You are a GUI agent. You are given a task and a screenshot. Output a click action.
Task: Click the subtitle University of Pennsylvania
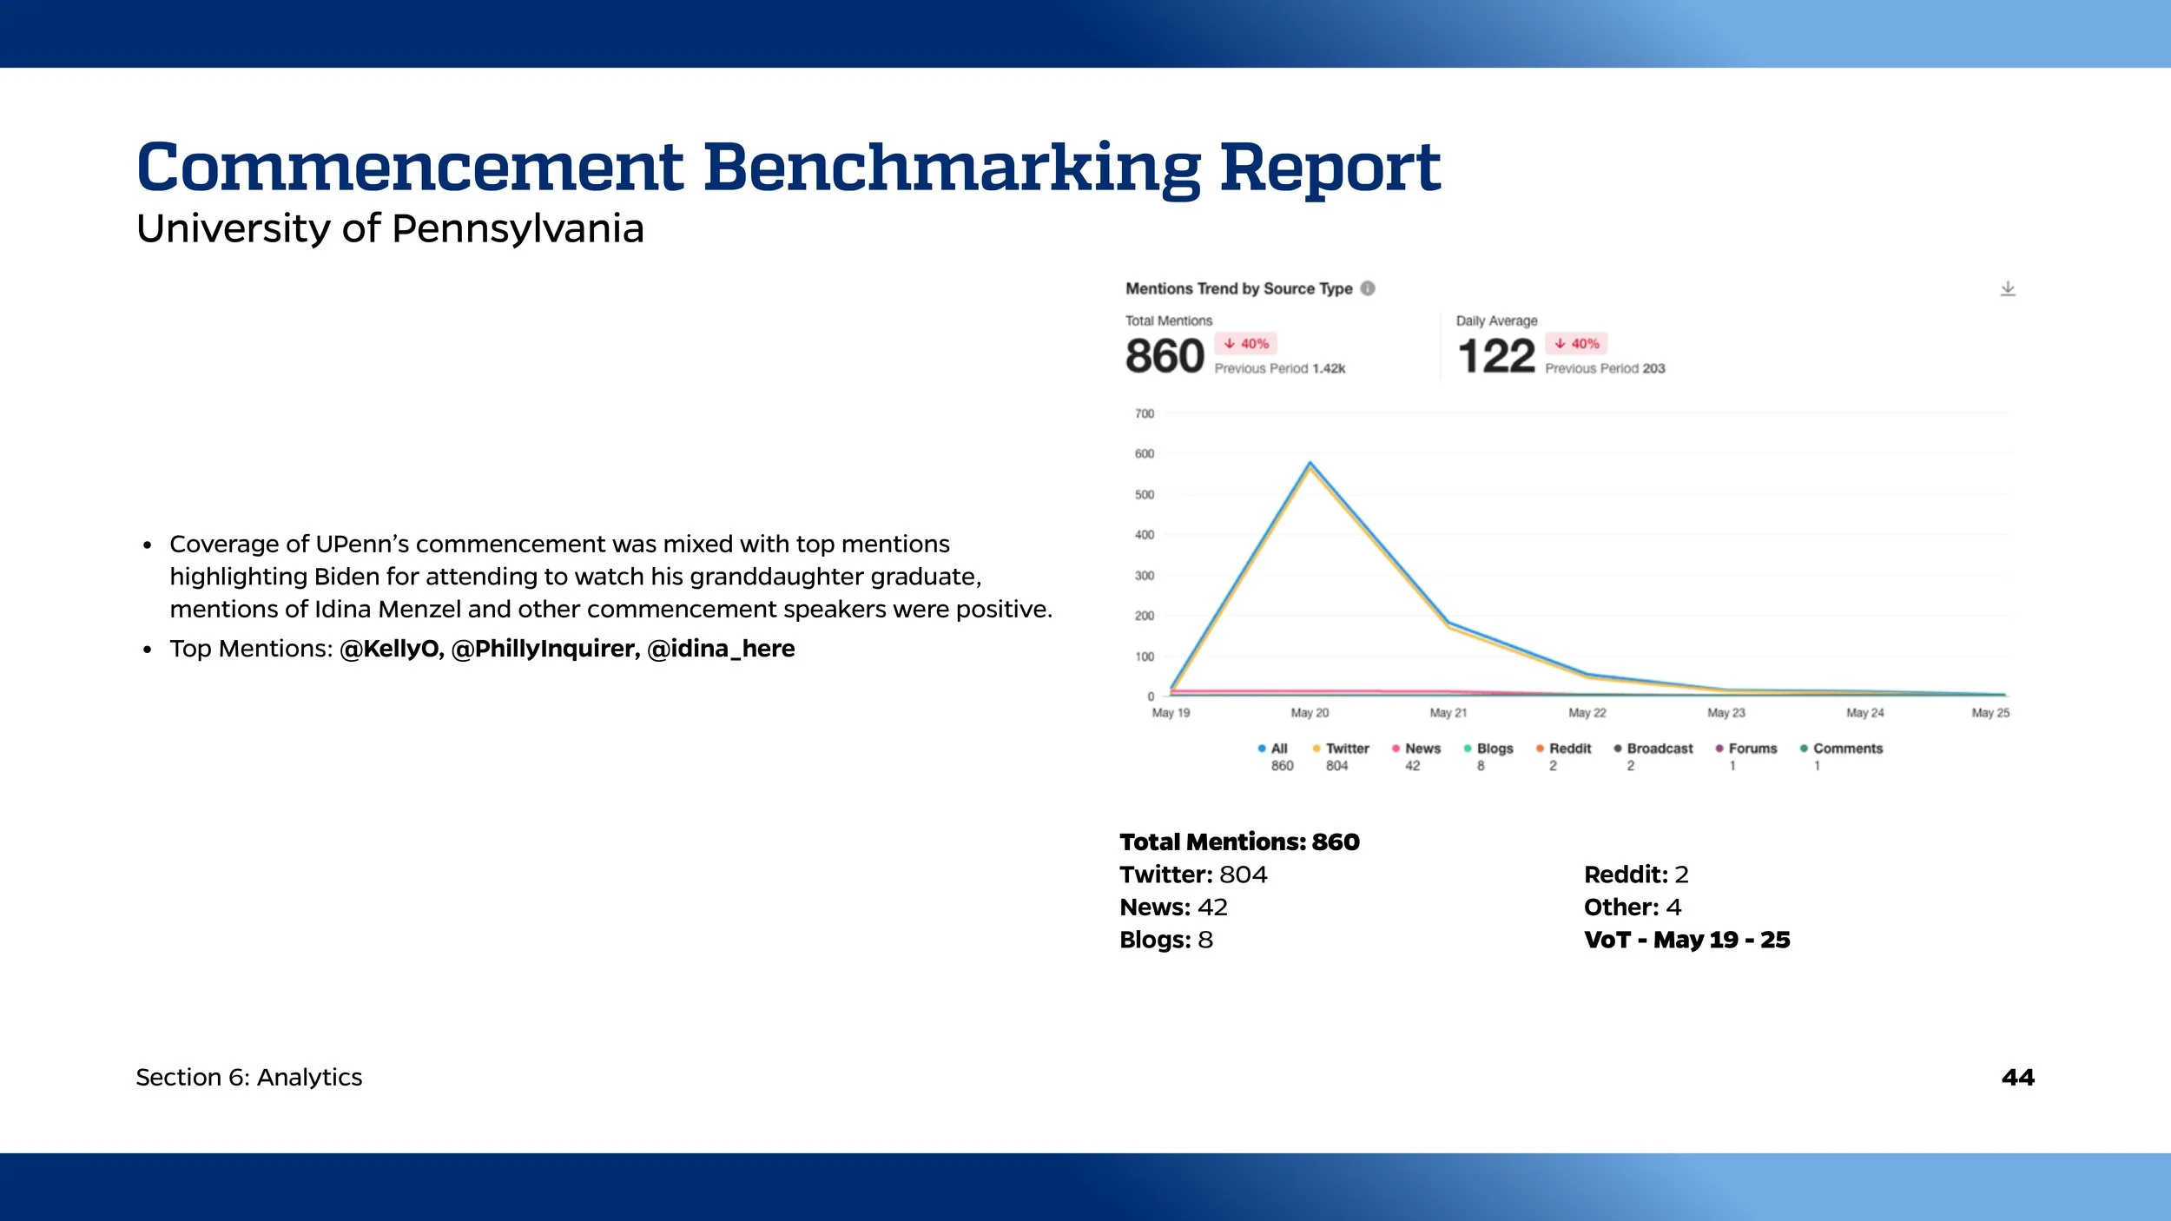pyautogui.click(x=390, y=228)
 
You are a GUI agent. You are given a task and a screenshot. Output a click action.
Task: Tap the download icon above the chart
pyautogui.click(x=2007, y=288)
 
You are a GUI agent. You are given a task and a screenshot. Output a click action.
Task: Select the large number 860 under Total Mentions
pyautogui.click(x=1164, y=356)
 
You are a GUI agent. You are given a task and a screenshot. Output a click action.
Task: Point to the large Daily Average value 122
pyautogui.click(x=1495, y=356)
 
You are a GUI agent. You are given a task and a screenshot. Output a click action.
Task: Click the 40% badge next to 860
pyautogui.click(x=1246, y=344)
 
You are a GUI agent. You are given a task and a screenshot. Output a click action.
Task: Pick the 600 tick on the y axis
pyautogui.click(x=1145, y=453)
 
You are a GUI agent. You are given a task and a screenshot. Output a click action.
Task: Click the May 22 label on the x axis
pyautogui.click(x=1587, y=713)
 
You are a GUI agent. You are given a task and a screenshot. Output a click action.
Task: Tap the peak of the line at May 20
pyautogui.click(x=1310, y=464)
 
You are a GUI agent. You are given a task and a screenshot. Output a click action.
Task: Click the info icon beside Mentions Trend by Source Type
pyautogui.click(x=1368, y=288)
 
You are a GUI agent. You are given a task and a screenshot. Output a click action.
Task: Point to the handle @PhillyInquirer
pyautogui.click(x=545, y=649)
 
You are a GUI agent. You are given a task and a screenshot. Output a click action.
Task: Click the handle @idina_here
pyautogui.click(x=721, y=649)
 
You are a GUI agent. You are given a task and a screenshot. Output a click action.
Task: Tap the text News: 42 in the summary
pyautogui.click(x=1173, y=907)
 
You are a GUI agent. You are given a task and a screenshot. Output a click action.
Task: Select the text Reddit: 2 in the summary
pyautogui.click(x=1635, y=874)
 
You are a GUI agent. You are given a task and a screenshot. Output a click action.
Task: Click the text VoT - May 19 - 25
pyautogui.click(x=1686, y=940)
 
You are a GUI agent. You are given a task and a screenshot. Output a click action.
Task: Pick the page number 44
pyautogui.click(x=2017, y=1078)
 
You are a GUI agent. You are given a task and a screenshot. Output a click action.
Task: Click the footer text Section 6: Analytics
pyautogui.click(x=249, y=1078)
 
